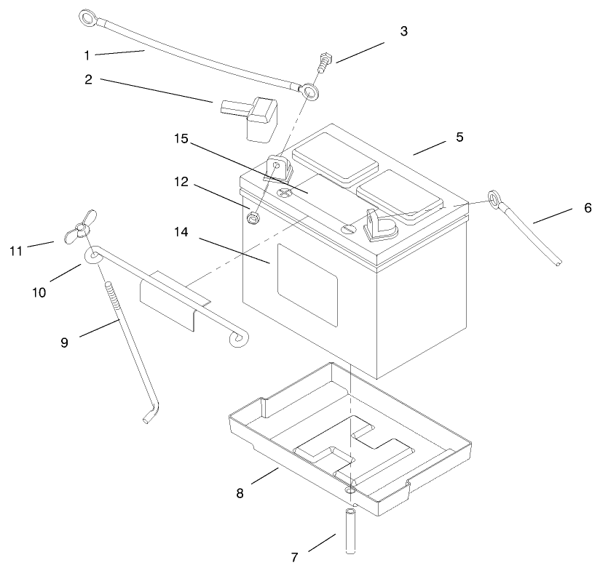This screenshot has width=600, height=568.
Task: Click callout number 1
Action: point(88,55)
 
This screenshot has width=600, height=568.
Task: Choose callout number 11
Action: point(16,250)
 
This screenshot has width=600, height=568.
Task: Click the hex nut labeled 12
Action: point(255,216)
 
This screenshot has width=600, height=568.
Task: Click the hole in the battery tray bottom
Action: point(351,484)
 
